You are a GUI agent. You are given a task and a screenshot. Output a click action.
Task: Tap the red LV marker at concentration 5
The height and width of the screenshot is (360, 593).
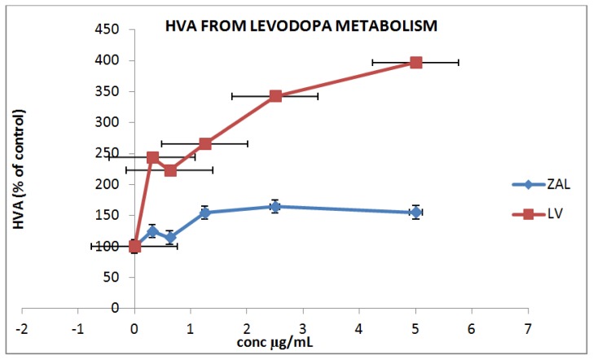(415, 62)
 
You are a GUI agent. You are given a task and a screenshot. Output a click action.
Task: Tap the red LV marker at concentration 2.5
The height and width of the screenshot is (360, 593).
(275, 96)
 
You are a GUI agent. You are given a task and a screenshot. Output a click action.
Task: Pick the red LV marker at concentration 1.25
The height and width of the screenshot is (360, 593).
(205, 143)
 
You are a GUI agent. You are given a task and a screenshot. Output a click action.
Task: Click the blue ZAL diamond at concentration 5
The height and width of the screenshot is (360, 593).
(415, 212)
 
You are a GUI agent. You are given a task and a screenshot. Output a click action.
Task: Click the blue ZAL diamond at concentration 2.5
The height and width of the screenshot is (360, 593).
(275, 206)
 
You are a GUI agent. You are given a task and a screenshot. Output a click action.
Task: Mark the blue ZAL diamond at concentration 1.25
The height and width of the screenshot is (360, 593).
(205, 213)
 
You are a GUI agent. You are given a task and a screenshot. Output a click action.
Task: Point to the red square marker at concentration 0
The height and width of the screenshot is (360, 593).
(134, 246)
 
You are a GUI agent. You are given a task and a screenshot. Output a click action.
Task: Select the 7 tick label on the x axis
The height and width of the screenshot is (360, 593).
(528, 323)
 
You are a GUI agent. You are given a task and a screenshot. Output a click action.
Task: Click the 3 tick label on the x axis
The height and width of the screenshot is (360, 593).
(303, 323)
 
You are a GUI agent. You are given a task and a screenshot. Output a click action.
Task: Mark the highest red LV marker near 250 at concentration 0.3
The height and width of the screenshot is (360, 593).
(152, 157)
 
